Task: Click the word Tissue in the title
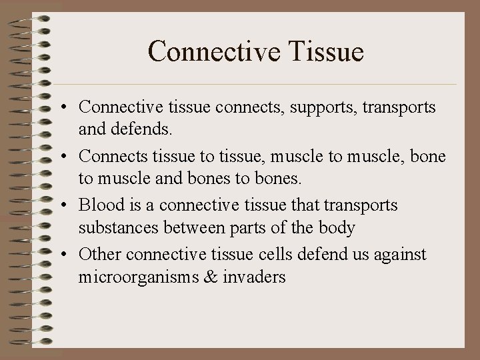coord(326,51)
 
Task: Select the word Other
coord(100,255)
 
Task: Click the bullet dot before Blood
coord(68,206)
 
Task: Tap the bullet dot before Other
coord(68,255)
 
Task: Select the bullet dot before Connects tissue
coord(68,157)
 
